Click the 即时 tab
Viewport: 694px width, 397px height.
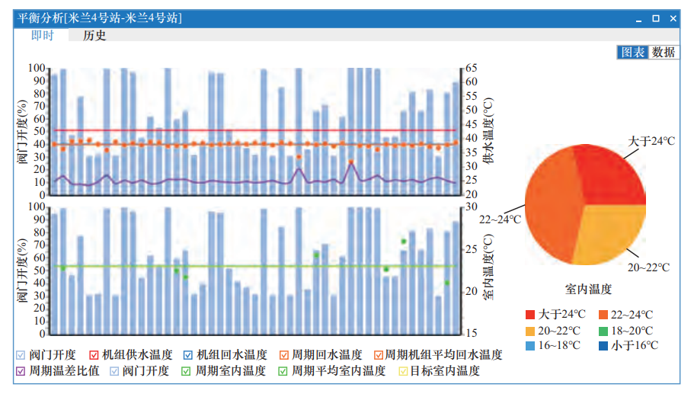pos(42,35)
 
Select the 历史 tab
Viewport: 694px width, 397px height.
pos(94,35)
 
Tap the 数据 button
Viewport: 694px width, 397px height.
pos(664,53)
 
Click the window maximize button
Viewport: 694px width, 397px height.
pos(657,18)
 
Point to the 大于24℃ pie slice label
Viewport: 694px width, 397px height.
pos(651,141)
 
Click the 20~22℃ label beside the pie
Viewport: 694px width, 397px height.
pos(648,267)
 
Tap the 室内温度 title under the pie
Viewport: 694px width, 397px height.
pos(587,289)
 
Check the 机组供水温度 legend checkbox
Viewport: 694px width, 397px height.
pos(94,355)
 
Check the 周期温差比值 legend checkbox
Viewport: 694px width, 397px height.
pos(21,371)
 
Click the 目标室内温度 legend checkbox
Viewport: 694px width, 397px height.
pos(404,371)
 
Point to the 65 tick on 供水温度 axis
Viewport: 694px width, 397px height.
pos(471,69)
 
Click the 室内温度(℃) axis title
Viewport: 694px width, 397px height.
pos(487,269)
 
